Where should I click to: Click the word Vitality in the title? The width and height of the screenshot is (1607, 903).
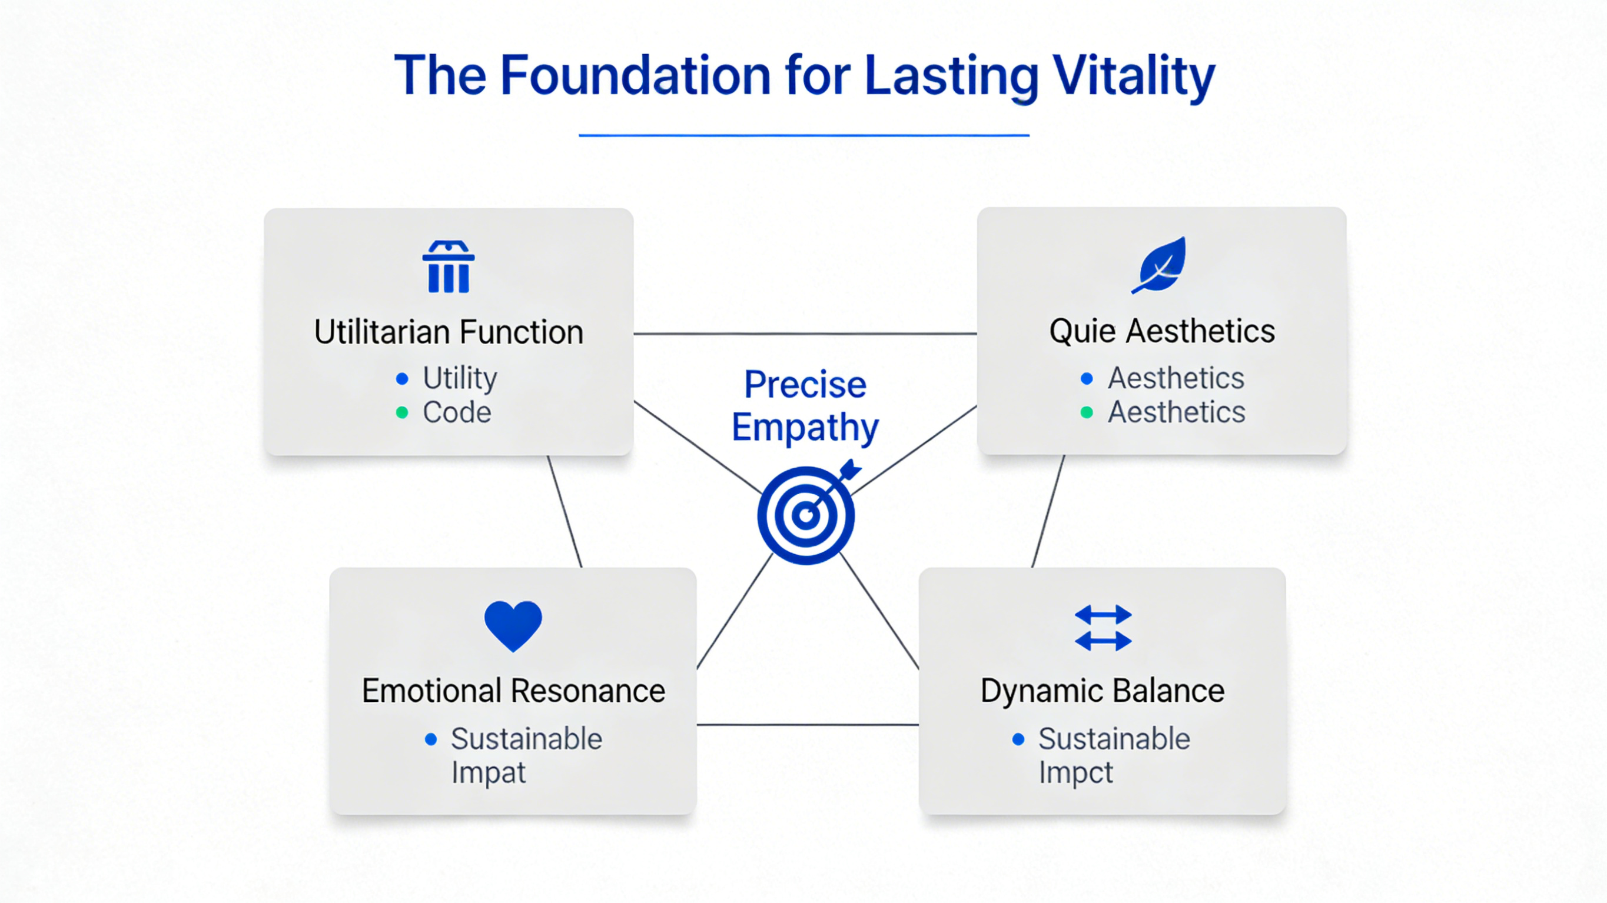coord(1134,76)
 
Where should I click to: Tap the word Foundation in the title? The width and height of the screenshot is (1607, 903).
coord(636,76)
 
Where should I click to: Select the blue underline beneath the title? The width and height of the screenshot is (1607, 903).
coord(803,135)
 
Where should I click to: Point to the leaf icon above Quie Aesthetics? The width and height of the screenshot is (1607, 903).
coord(1160,265)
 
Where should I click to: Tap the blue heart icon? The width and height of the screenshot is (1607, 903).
coord(513,625)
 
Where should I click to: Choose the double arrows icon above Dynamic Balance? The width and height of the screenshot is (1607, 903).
coord(1103,627)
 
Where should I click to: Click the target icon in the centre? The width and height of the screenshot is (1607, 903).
coord(806,515)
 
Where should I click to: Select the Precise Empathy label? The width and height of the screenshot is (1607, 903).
coord(805,405)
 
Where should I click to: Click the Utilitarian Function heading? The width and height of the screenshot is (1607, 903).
coord(449,332)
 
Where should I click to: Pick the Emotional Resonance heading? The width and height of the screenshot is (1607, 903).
coord(513,691)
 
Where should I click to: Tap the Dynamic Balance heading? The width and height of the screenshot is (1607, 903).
coord(1103,691)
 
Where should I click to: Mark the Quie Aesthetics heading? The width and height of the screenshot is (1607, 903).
coord(1161,331)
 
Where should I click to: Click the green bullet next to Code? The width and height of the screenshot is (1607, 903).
coord(403,412)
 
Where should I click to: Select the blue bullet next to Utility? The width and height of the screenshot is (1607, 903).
coord(403,378)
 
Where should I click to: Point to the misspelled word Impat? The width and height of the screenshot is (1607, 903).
coord(489,772)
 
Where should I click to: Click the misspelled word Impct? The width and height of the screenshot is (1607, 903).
coord(1075,772)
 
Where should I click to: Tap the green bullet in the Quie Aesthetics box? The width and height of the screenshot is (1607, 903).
coord(1087,412)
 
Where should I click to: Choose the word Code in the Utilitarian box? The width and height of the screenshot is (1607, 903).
coord(457,412)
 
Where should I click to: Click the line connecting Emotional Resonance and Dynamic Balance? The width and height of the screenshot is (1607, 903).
coord(807,725)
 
